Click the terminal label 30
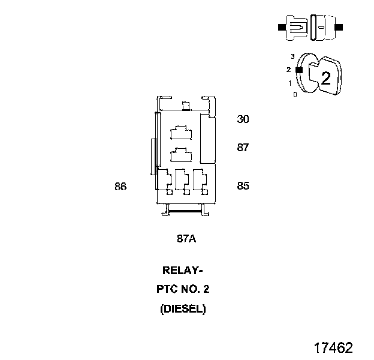[x=243, y=119]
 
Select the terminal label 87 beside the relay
[x=243, y=148]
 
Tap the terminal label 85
[x=243, y=186]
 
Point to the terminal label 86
[x=120, y=187]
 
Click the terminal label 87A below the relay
[x=186, y=239]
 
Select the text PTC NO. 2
[x=183, y=290]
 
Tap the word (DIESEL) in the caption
[x=183, y=310]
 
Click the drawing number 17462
[x=333, y=348]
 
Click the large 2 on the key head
[x=326, y=78]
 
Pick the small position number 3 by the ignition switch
[x=292, y=56]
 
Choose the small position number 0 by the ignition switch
[x=294, y=94]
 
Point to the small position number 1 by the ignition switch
[x=290, y=83]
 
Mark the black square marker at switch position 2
[x=299, y=70]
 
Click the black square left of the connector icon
[x=281, y=28]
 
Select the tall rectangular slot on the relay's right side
[x=207, y=140]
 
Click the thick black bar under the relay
[x=186, y=211]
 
